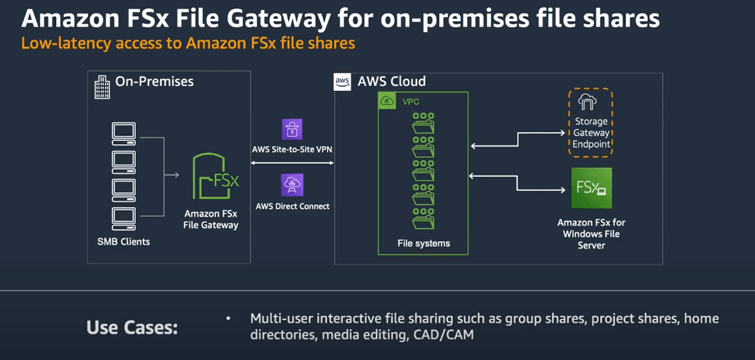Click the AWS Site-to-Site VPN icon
pyautogui.click(x=293, y=130)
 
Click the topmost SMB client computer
pyautogui.click(x=123, y=132)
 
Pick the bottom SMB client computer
pyautogui.click(x=123, y=217)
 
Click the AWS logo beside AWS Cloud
pyautogui.click(x=343, y=82)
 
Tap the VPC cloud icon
pyautogui.click(x=385, y=101)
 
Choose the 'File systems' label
pyautogui.click(x=423, y=243)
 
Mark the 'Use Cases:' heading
pyautogui.click(x=132, y=328)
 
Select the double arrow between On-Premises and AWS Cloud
pyautogui.click(x=292, y=164)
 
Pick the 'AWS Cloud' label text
pyautogui.click(x=391, y=81)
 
